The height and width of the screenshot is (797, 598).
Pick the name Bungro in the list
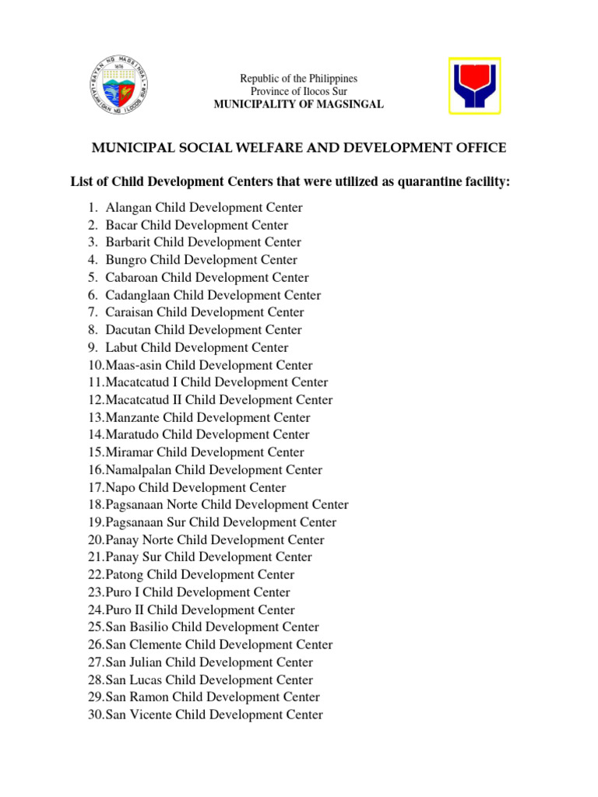(x=126, y=260)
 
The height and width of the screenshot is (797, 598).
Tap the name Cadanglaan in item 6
(x=138, y=295)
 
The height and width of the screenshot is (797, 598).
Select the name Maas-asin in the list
(x=132, y=365)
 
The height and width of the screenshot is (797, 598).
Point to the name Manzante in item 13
(x=132, y=417)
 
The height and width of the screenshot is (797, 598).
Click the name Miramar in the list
(x=128, y=452)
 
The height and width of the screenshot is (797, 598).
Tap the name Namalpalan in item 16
(x=139, y=470)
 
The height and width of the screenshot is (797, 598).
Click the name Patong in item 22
(x=125, y=574)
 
